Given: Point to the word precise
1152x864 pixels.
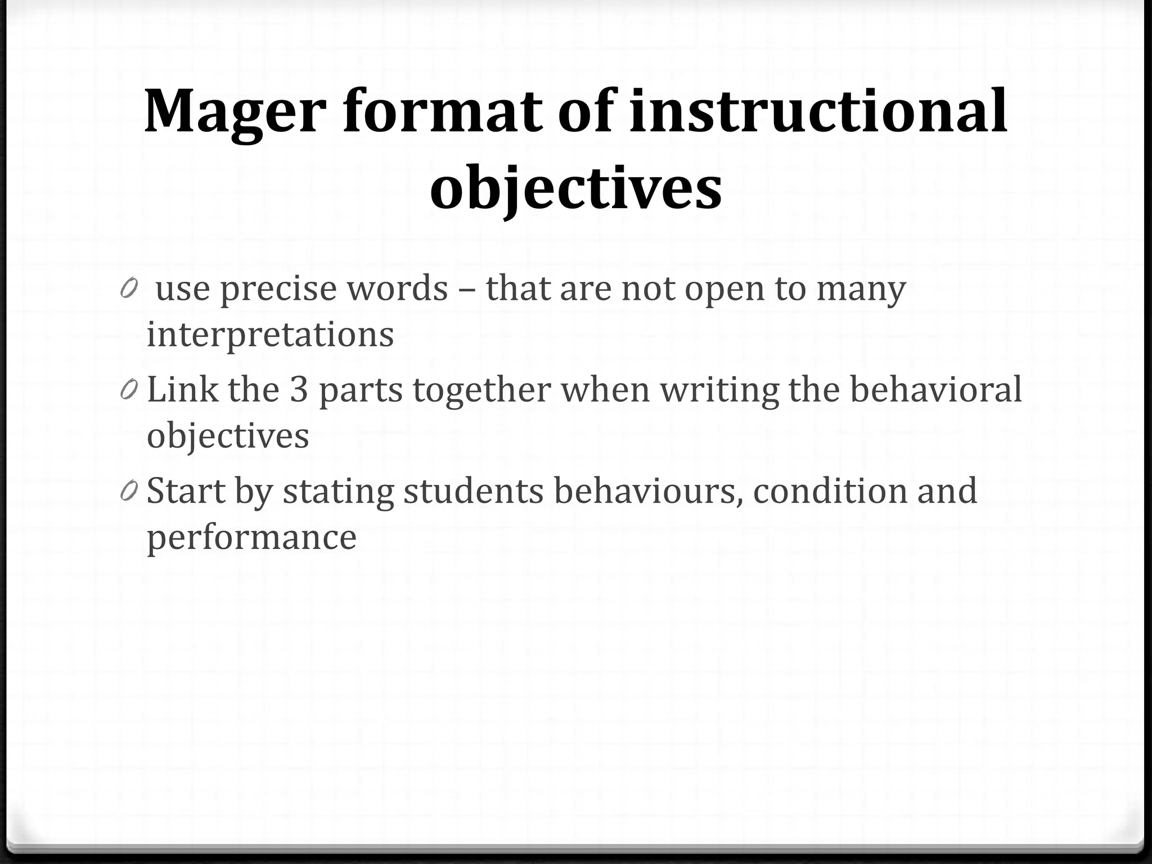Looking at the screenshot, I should point(277,289).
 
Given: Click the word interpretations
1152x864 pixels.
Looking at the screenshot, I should point(270,335).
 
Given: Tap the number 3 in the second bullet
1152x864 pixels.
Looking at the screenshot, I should point(299,389).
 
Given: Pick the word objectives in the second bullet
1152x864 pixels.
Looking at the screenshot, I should point(228,435).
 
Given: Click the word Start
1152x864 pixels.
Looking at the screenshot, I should point(186,490).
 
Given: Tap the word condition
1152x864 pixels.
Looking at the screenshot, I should point(830,490).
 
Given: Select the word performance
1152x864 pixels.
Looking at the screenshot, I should point(251,538).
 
